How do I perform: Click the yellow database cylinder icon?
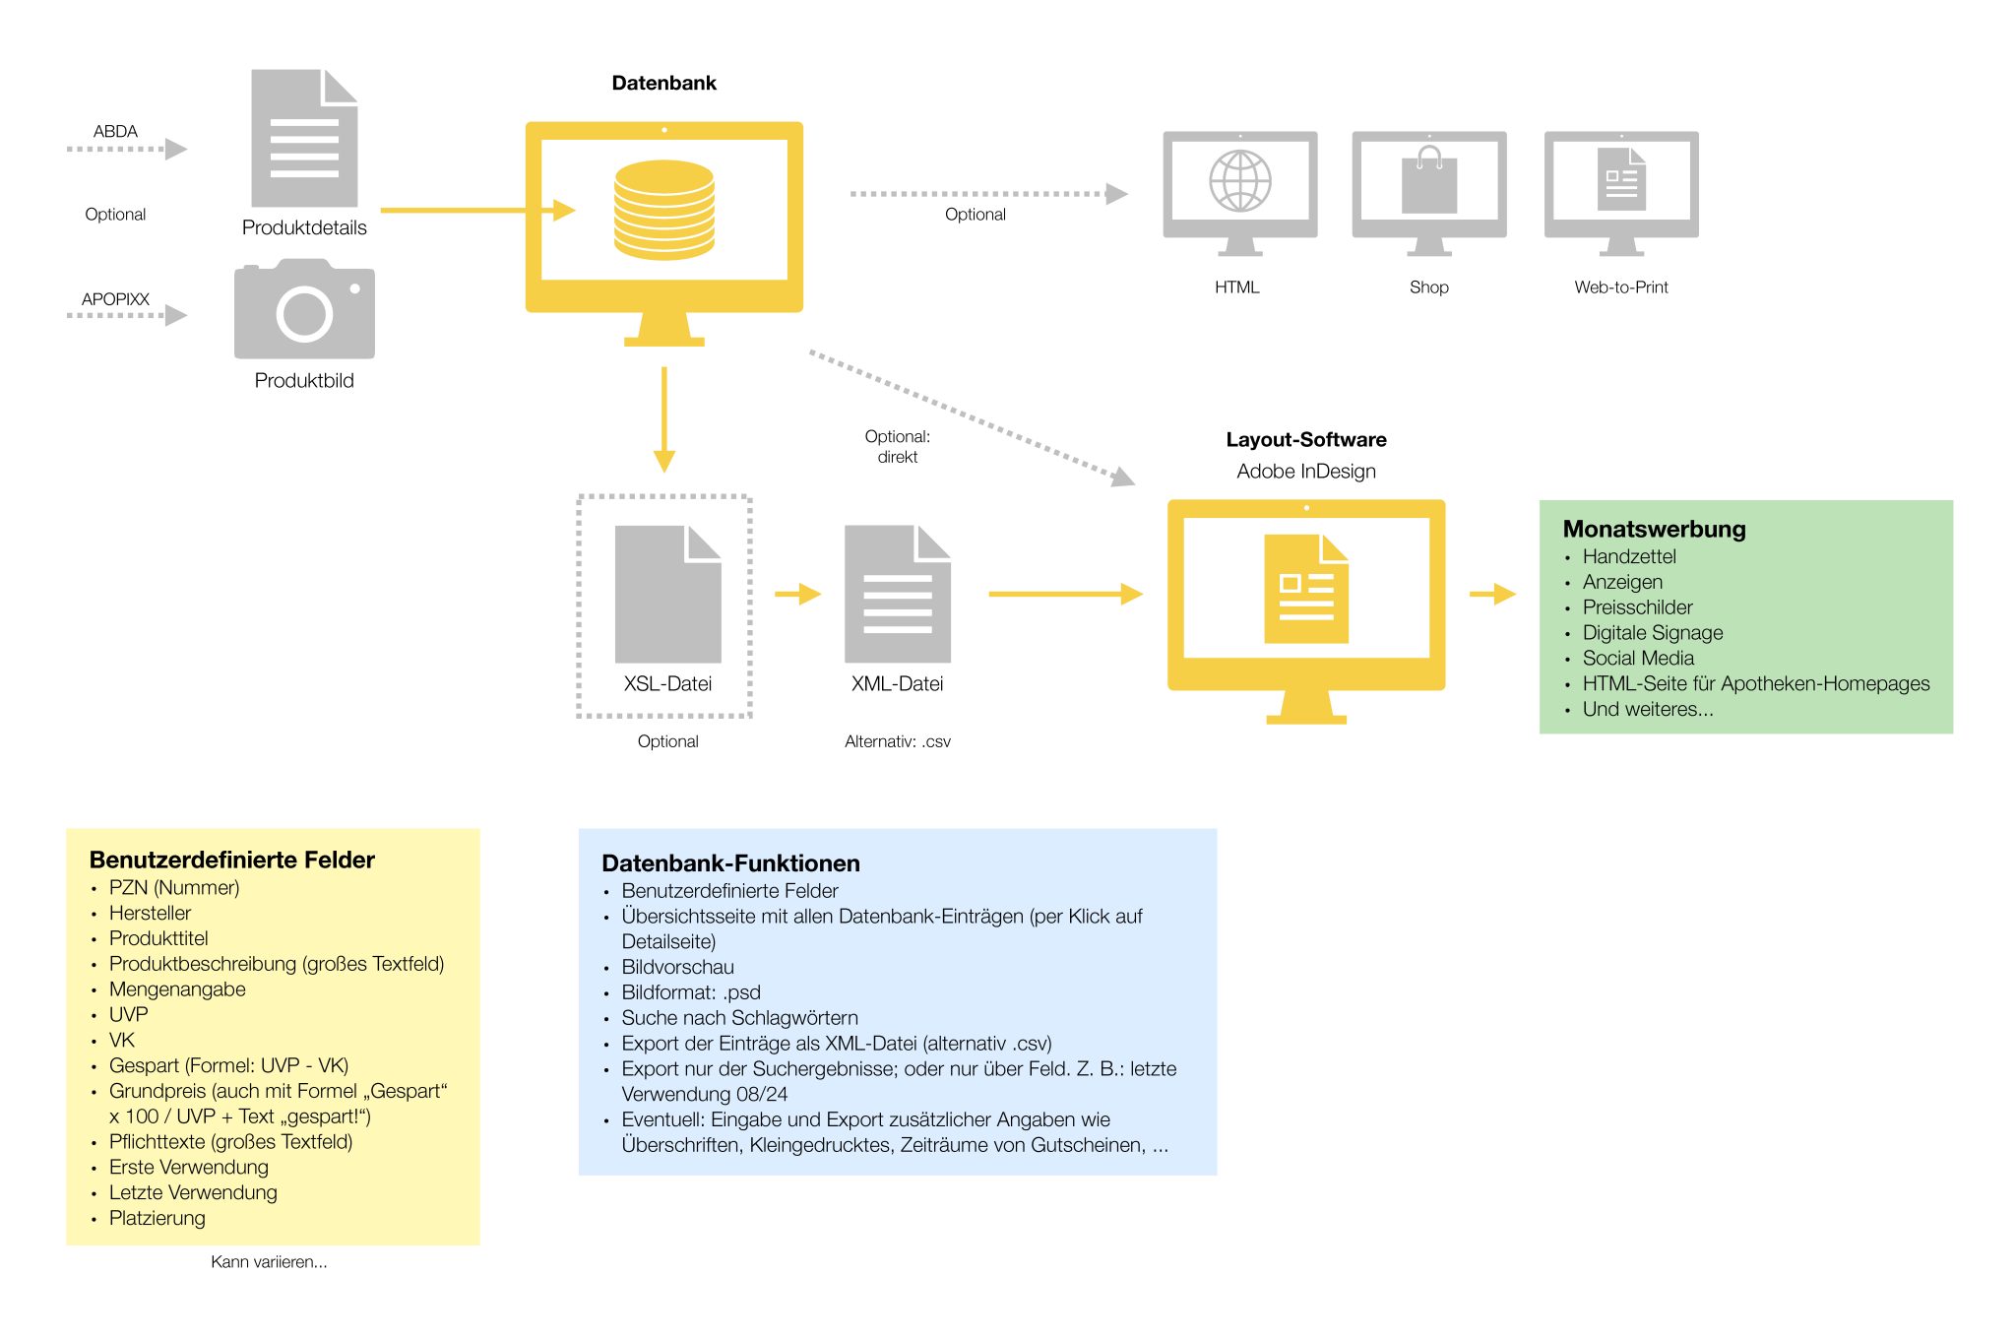663,210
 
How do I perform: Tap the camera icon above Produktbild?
304,310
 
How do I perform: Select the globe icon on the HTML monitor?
1239,181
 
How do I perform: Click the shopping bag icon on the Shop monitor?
1429,181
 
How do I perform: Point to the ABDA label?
115,131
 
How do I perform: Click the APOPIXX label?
115,298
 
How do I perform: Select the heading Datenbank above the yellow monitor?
663,83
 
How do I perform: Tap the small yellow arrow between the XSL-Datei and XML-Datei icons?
797,594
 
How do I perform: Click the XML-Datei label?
897,683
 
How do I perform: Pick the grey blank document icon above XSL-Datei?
667,594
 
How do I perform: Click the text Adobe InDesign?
1305,471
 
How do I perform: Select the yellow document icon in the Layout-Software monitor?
1305,589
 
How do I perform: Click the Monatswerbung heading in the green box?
1654,529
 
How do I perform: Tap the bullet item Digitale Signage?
1652,632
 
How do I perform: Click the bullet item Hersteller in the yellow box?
150,913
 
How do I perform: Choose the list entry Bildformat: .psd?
690,991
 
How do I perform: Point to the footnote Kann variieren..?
269,1261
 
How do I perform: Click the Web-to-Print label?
1620,287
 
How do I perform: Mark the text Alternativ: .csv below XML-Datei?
897,741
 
